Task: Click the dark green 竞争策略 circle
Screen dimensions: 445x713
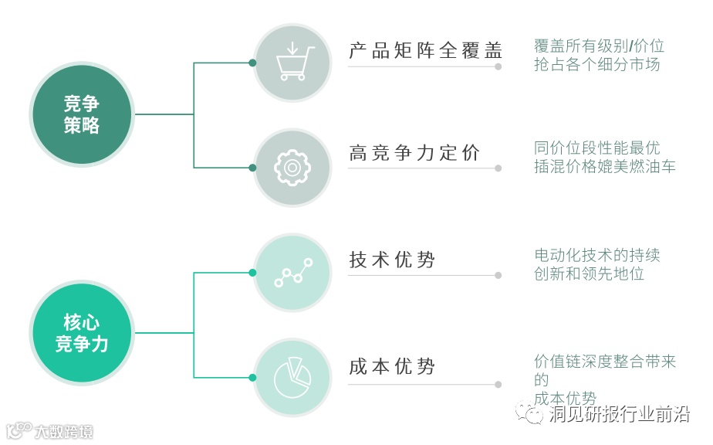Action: pos(81,114)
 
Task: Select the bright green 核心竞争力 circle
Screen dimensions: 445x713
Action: pos(81,333)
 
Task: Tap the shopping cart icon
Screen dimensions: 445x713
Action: pos(293,63)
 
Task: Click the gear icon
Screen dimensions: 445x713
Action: pos(293,167)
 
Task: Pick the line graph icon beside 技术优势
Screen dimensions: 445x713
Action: pos(293,273)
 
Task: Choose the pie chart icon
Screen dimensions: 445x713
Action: pos(293,376)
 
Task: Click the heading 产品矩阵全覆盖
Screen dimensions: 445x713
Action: pos(425,51)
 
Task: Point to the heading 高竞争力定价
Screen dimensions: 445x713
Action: pos(414,152)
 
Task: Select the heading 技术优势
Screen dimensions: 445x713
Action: pos(392,260)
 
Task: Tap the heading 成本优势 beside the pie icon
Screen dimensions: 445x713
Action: pos(392,366)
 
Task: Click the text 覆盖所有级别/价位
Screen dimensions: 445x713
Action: pos(599,46)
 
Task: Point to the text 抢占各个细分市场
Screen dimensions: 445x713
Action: pos(596,65)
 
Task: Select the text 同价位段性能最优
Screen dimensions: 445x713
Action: pos(596,148)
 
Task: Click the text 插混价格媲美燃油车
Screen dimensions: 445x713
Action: pos(604,166)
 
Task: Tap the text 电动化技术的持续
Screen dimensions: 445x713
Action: pos(596,255)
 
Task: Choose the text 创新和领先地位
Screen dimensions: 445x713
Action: pos(589,273)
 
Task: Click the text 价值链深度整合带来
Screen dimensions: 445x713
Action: pos(604,362)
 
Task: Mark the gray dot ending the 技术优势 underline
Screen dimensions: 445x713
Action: pos(498,275)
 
